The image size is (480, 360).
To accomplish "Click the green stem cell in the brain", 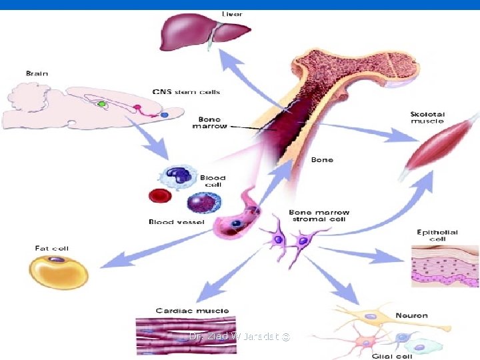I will (x=102, y=105).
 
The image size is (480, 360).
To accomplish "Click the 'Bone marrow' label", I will (x=209, y=122).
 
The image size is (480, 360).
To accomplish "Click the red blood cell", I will (x=160, y=196).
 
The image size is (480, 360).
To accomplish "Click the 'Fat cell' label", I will (x=51, y=248).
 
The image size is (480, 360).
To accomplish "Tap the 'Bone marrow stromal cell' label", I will (x=319, y=216).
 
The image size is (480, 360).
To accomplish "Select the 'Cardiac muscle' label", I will (x=192, y=311).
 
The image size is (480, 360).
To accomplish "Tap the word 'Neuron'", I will (x=411, y=315).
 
